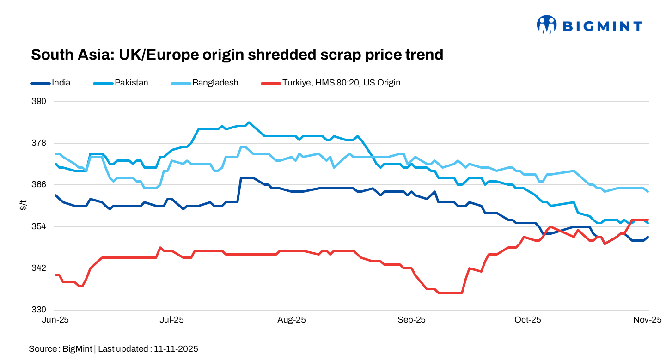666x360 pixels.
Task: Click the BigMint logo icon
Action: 546,24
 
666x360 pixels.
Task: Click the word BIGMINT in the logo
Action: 602,26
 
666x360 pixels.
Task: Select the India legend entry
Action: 61,83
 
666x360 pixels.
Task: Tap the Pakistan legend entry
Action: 131,83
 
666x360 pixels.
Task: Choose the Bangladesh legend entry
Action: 215,83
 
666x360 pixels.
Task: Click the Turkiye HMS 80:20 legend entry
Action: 341,83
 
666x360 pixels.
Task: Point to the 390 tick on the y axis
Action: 40,101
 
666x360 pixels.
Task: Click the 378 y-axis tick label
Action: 40,143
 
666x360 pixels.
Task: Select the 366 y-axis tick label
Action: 40,184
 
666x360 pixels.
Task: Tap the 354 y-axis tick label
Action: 40,226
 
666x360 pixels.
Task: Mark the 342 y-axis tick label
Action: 40,268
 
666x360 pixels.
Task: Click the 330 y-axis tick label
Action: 40,310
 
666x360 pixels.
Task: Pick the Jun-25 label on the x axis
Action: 55,320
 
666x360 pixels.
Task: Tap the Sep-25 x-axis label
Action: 412,320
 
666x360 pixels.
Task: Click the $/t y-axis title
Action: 23,205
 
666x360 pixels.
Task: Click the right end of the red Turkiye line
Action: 648,220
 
